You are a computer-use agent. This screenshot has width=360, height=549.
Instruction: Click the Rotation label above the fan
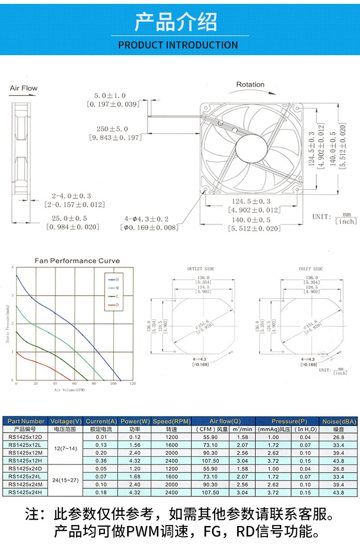point(250,84)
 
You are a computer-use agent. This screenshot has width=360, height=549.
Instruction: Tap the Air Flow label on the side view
point(24,88)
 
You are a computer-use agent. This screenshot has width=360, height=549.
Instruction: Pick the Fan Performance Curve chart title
point(77,261)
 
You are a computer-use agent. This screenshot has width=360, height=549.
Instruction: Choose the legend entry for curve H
point(113,279)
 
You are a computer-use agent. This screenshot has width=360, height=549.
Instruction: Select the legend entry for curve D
point(113,305)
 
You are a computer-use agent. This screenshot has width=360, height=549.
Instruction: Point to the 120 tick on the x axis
point(133,384)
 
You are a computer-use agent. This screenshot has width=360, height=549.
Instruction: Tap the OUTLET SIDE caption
point(201,269)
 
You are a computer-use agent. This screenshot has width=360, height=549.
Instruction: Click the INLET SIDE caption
point(311,269)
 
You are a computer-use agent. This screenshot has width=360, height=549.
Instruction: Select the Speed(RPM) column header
point(171,421)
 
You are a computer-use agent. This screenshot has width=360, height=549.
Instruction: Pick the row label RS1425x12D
point(25,437)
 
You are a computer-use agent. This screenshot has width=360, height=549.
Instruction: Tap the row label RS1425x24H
point(25,492)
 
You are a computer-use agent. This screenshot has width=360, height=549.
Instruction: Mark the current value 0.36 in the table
point(101,460)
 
